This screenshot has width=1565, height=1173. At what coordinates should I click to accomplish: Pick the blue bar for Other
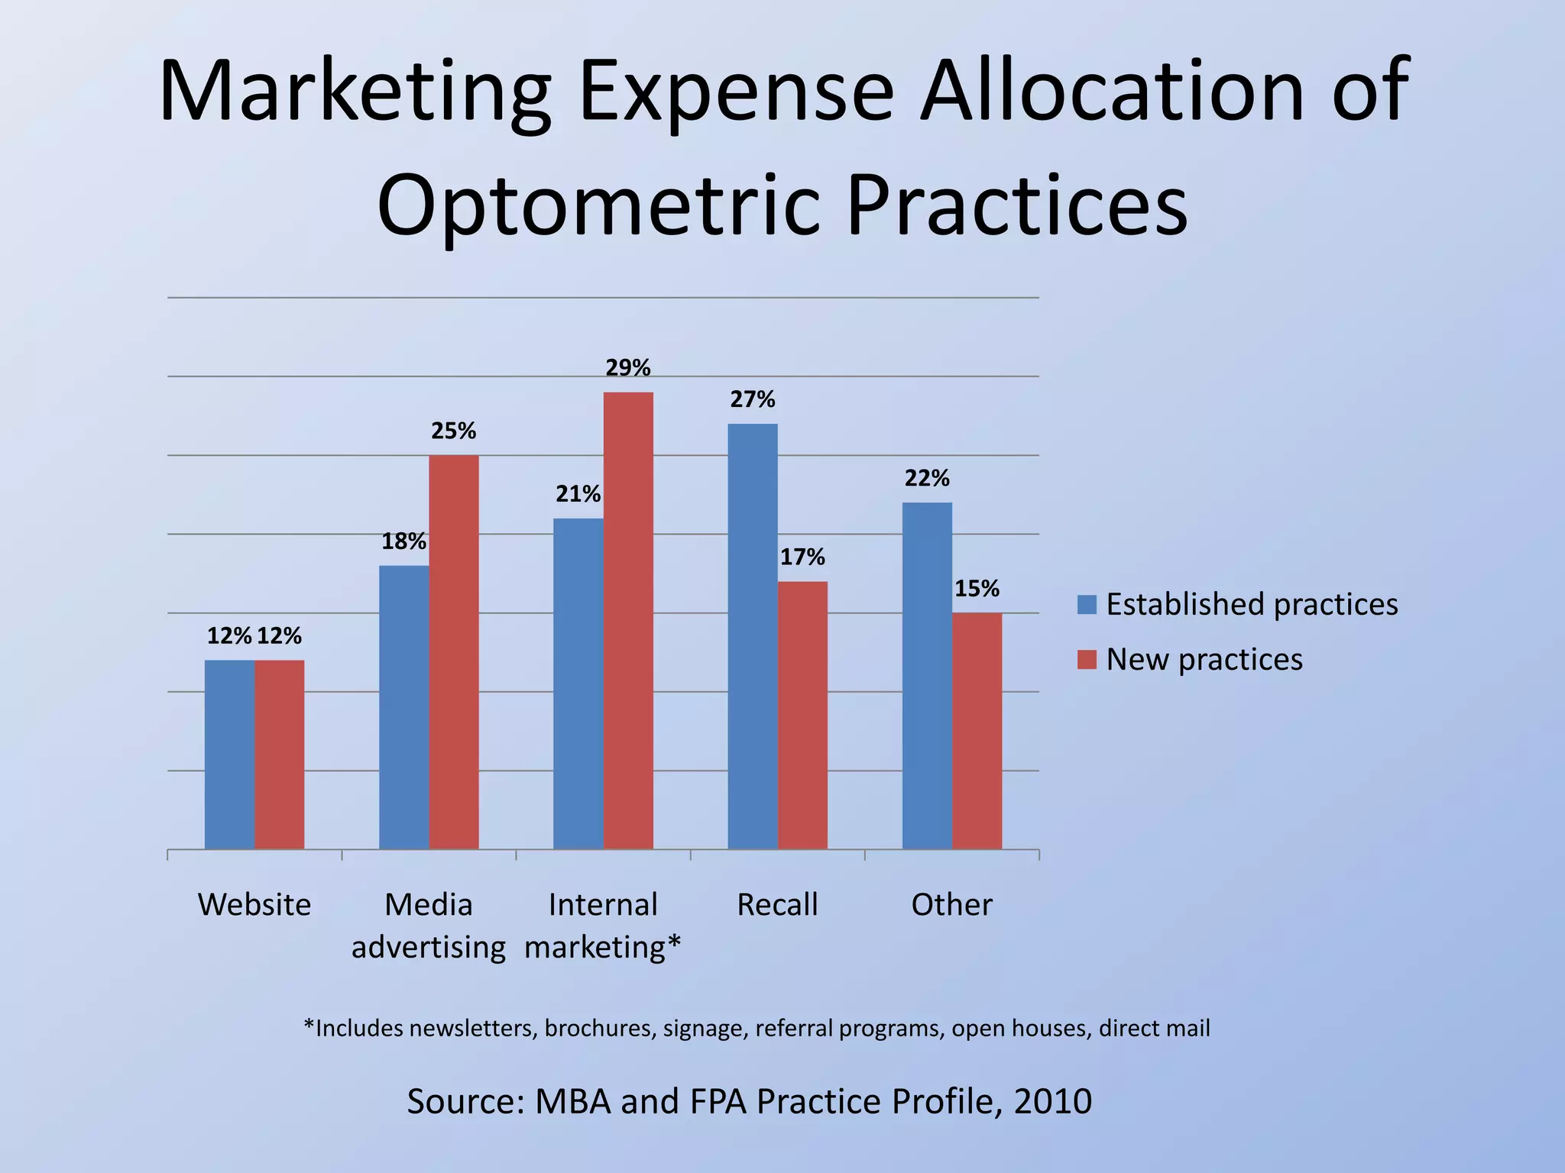(x=927, y=675)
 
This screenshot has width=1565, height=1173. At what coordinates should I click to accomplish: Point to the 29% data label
(x=628, y=368)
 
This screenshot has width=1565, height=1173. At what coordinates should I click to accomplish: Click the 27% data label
(x=752, y=399)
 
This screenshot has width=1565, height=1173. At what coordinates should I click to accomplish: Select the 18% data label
(x=403, y=541)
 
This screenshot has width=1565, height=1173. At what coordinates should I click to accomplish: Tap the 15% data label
(x=977, y=589)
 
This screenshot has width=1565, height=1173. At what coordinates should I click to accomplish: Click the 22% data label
(x=927, y=478)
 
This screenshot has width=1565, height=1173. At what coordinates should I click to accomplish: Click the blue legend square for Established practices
(x=1087, y=604)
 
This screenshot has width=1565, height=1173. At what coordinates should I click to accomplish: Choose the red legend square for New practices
(x=1087, y=659)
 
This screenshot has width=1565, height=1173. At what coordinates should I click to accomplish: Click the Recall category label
(x=777, y=905)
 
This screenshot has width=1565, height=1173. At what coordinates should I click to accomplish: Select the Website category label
(x=254, y=905)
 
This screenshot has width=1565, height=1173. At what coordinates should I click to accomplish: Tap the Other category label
(x=951, y=905)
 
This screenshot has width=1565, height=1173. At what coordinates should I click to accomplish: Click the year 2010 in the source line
(x=1052, y=1101)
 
